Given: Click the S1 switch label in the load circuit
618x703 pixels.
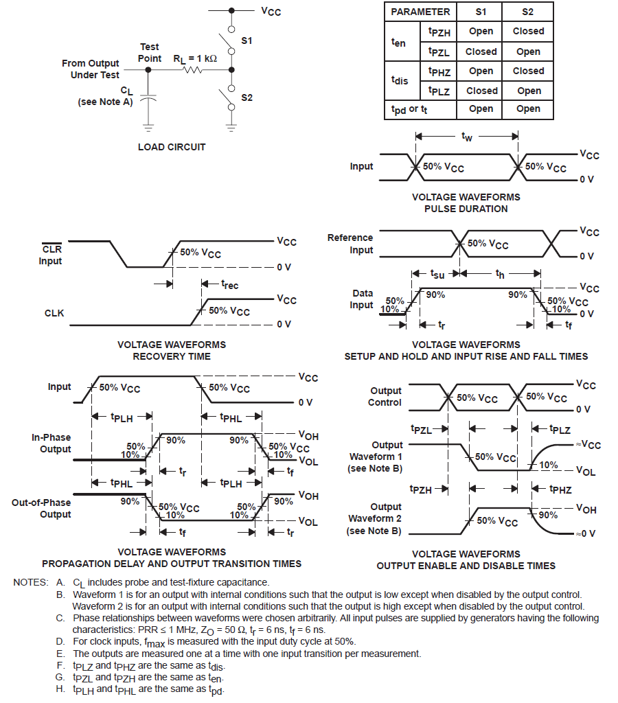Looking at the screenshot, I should (247, 41).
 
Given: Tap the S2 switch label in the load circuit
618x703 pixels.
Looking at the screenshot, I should (247, 97).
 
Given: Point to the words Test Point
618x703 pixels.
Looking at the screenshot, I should (150, 53).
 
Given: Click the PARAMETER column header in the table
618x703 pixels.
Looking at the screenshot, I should (420, 12).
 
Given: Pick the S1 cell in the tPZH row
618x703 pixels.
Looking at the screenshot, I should (481, 32).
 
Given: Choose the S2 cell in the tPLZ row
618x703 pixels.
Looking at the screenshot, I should (529, 91).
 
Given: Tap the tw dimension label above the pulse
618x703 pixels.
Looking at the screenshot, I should (466, 137).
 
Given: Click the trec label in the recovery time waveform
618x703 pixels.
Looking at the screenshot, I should (230, 284).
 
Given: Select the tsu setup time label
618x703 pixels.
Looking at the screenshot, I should (437, 274).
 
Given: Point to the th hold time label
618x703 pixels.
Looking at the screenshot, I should (500, 274).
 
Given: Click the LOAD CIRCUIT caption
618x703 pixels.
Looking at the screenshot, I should (172, 147).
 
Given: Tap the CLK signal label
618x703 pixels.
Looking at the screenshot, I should (54, 313).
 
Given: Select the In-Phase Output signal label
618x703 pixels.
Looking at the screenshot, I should (51, 443).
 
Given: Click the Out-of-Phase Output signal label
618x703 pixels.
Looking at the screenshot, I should (41, 509).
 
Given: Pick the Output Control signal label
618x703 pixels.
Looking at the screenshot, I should (385, 397).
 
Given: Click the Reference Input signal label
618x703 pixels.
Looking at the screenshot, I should (350, 244).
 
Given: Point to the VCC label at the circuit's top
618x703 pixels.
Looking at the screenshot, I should (270, 12).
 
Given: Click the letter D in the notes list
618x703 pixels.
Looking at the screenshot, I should (60, 641).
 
